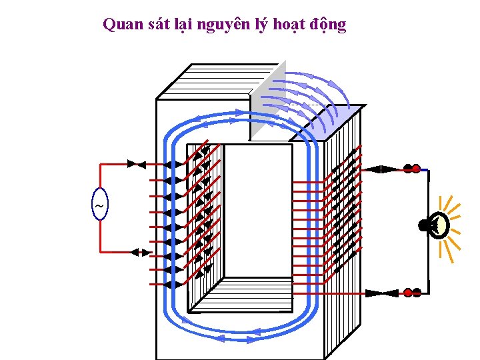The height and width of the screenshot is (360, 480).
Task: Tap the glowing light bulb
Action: [440, 226]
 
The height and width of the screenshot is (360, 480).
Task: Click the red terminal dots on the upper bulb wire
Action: [411, 169]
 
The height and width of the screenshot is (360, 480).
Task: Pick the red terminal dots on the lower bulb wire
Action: [411, 293]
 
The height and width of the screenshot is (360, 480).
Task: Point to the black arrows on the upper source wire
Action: [137, 164]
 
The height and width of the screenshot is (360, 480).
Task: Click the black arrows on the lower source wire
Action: [141, 252]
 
